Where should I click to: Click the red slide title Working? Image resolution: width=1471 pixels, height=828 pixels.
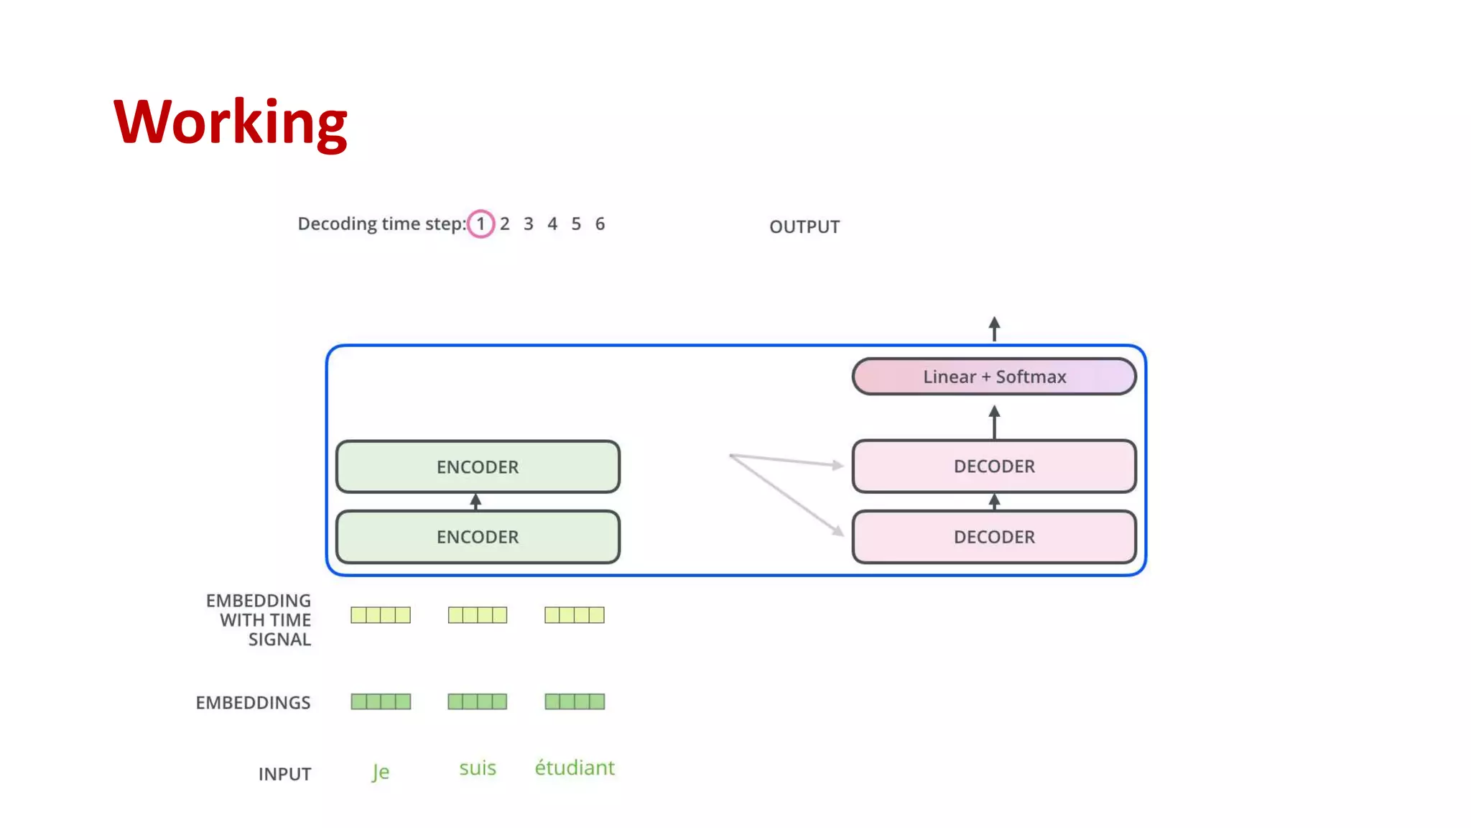click(x=230, y=122)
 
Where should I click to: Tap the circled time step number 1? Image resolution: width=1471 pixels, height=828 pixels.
click(x=481, y=224)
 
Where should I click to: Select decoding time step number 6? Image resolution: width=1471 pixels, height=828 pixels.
click(x=600, y=224)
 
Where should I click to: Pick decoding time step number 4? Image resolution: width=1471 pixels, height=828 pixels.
click(x=552, y=224)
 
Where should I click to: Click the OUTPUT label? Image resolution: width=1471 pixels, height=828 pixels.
click(x=804, y=226)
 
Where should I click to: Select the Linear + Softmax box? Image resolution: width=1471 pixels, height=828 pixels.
click(x=993, y=377)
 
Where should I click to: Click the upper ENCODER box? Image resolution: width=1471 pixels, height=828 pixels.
click(x=477, y=466)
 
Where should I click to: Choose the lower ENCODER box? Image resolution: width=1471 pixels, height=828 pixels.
click(x=477, y=537)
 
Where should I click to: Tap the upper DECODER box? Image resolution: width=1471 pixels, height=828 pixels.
click(x=993, y=466)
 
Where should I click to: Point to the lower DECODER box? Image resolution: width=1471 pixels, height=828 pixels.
click(x=993, y=537)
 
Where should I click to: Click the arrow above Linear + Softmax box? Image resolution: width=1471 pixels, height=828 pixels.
click(x=994, y=328)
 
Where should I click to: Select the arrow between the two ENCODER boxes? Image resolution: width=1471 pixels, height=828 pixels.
click(x=475, y=501)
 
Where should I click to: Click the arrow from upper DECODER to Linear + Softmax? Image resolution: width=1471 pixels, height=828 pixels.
click(x=994, y=422)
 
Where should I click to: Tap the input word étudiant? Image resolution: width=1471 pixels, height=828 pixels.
click(x=574, y=768)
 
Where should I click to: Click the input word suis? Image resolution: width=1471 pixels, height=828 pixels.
click(x=477, y=768)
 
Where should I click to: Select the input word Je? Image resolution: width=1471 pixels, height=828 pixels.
click(x=380, y=771)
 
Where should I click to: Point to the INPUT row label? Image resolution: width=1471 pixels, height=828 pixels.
click(x=284, y=774)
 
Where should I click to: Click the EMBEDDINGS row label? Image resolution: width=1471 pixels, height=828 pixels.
click(x=253, y=702)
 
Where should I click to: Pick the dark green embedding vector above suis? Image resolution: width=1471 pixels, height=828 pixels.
click(x=477, y=701)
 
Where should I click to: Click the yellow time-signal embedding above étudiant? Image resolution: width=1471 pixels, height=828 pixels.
click(x=574, y=615)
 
